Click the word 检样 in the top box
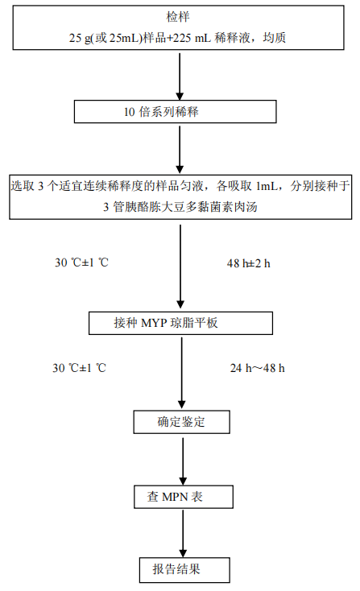(178, 17)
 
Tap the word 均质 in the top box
(275, 38)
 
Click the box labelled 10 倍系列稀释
(176, 112)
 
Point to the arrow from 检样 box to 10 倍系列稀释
(180, 76)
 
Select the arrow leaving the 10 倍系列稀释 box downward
(180, 150)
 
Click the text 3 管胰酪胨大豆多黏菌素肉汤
(180, 207)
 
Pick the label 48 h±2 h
(248, 263)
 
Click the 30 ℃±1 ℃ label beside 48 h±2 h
(81, 262)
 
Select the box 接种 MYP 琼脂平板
(180, 323)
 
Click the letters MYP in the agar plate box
(154, 323)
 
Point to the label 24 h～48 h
(258, 368)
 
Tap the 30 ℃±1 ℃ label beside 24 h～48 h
(79, 368)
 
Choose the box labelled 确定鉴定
(182, 422)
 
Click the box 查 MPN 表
(184, 497)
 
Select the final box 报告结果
(184, 569)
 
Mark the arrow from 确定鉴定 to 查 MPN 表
(183, 461)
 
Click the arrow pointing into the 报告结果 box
(183, 534)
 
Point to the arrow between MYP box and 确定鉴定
(182, 372)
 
